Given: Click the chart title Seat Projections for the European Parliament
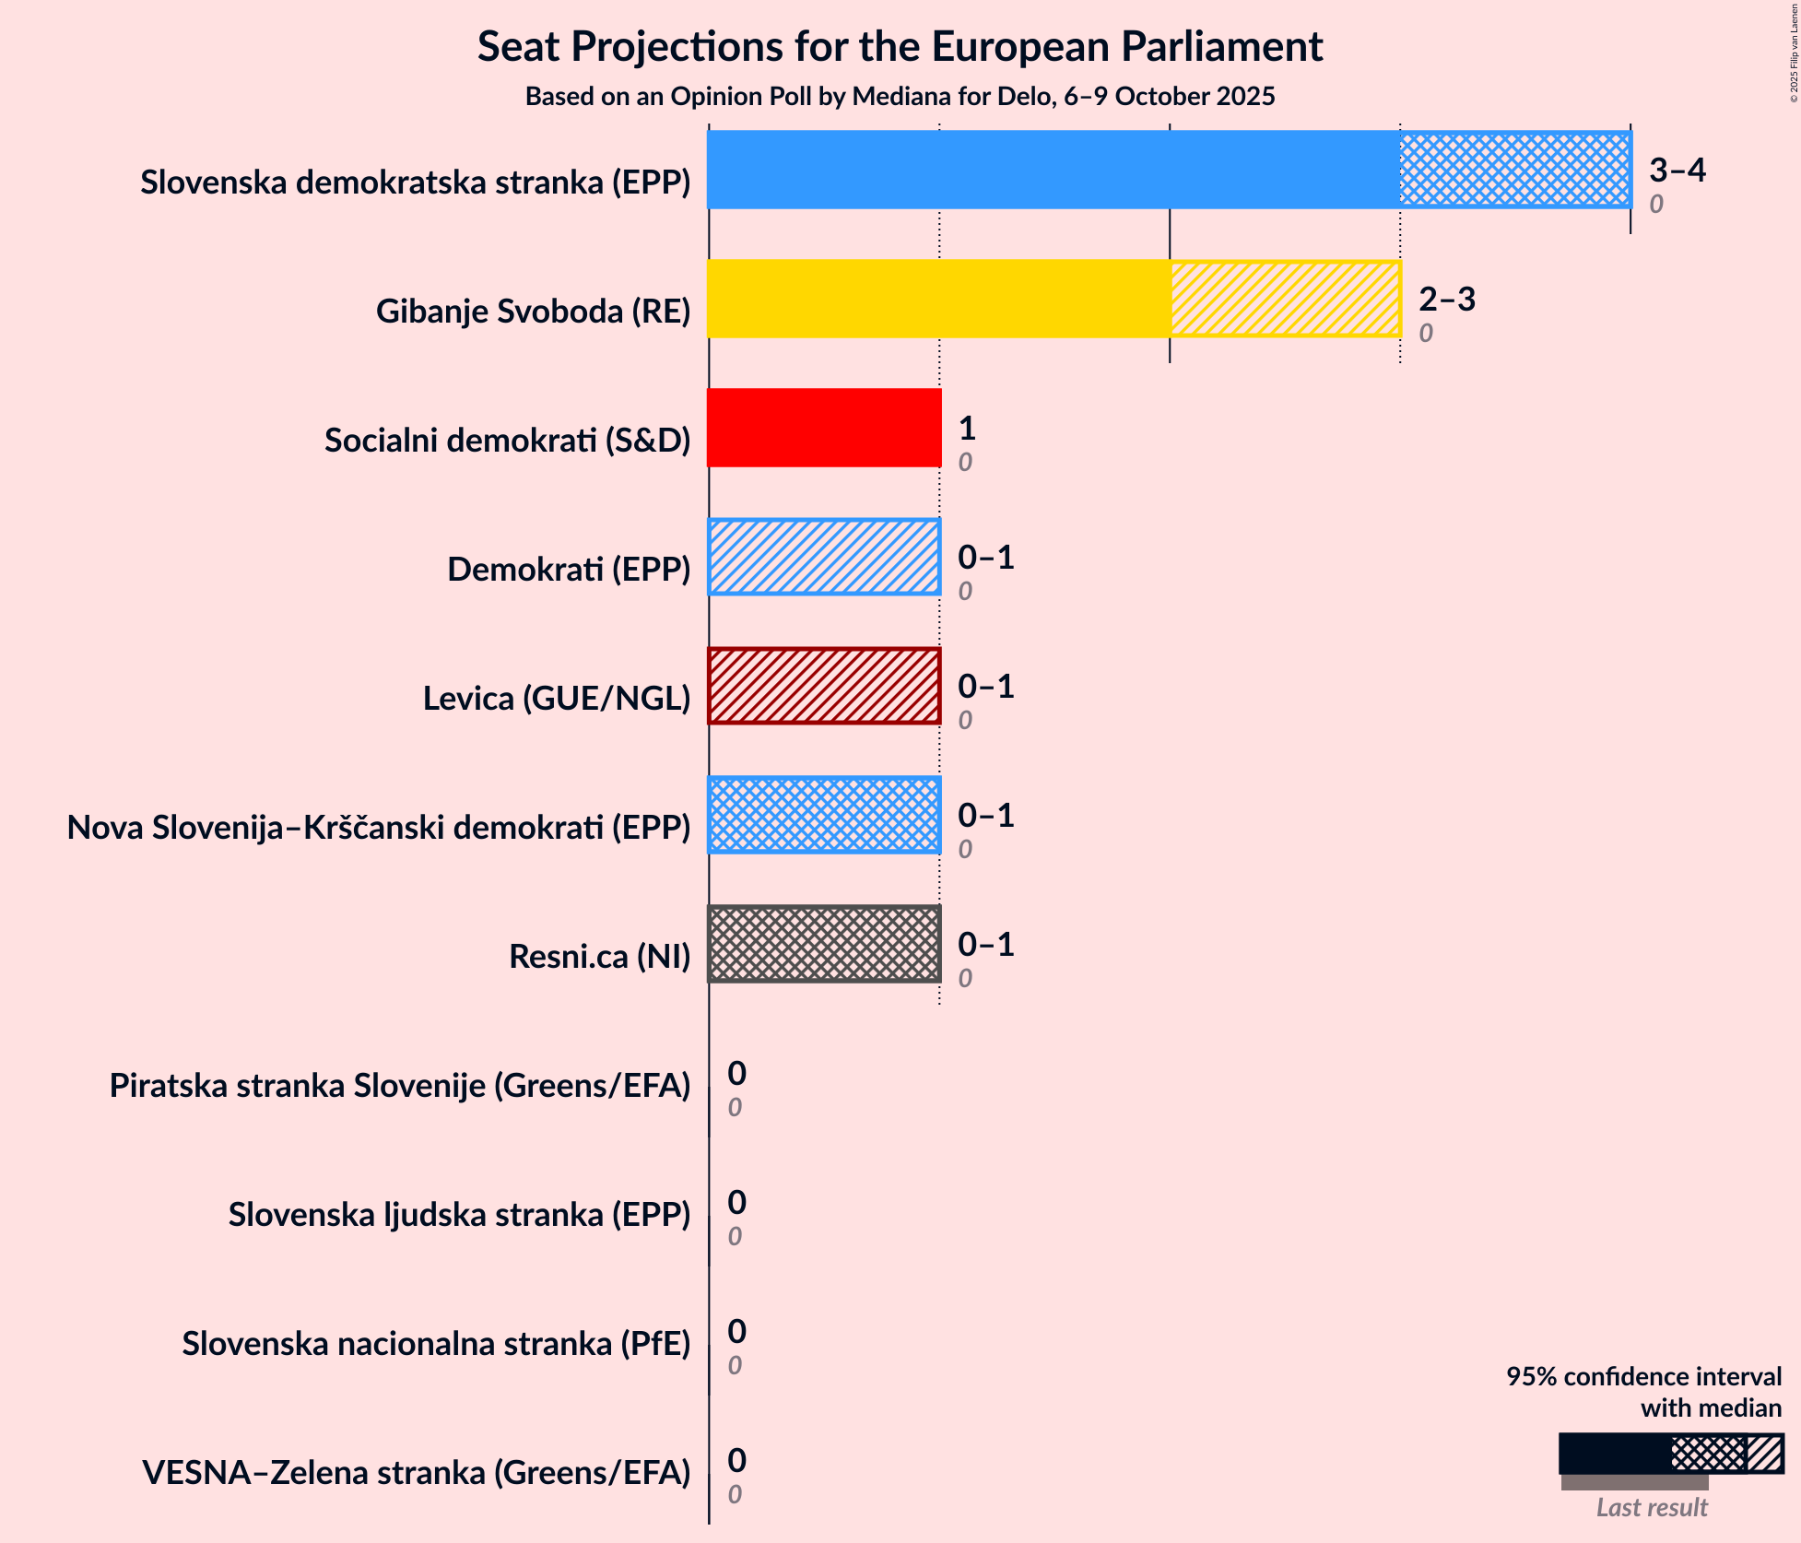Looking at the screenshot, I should point(900,47).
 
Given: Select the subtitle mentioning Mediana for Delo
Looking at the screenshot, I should point(900,97).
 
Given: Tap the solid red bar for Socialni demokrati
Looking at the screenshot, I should point(824,428).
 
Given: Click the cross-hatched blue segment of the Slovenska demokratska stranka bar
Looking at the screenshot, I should point(1514,170).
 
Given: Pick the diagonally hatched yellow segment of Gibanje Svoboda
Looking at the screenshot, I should point(1285,299).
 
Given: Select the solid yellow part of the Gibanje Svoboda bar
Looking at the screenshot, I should point(938,299).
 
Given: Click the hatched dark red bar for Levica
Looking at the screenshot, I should point(824,686).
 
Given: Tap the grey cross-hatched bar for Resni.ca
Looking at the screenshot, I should point(824,944).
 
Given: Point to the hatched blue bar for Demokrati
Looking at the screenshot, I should point(824,557).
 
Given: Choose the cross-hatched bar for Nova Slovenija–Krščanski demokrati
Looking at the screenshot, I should point(824,815).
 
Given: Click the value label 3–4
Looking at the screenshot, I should point(1677,170).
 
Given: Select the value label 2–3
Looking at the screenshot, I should point(1446,299).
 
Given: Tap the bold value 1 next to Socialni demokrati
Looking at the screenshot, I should point(966,428).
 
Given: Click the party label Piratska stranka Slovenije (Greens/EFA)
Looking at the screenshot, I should point(400,1086).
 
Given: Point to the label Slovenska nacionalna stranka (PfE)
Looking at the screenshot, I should point(436,1344).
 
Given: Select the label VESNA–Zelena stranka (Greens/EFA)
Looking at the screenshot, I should point(416,1473).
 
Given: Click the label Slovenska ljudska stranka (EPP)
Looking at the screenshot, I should point(459,1215).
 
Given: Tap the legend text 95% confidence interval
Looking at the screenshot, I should point(1643,1376).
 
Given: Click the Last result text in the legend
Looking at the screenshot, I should point(1651,1507).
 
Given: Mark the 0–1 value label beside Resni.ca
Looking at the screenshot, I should point(985,944).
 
